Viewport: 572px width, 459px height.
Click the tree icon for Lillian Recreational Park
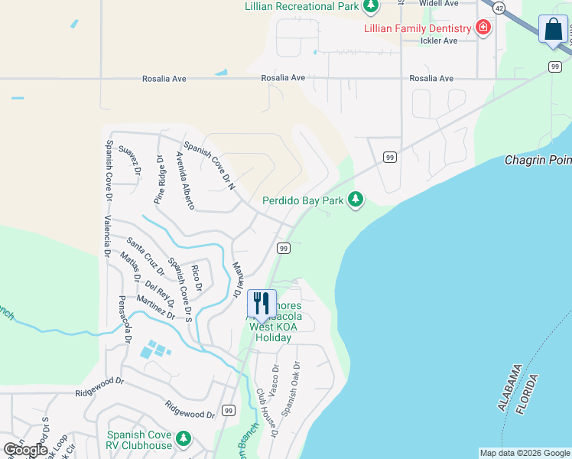coord(371,7)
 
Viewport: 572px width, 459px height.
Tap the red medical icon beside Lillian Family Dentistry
coord(483,28)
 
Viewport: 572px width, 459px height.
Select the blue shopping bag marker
coord(553,31)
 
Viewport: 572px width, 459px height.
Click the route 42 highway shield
coord(499,7)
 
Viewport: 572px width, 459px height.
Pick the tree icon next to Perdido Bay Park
coord(356,200)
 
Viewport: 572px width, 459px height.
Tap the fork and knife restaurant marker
coord(261,303)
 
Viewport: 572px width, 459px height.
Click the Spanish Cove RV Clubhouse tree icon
coord(183,439)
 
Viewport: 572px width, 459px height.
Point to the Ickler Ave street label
coord(439,41)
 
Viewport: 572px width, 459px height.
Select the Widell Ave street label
coord(439,3)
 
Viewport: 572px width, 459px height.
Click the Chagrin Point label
coord(538,161)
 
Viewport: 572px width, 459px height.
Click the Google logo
coord(25,450)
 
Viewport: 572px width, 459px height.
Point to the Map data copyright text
coord(524,453)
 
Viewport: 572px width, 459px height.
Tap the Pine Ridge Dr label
coord(159,179)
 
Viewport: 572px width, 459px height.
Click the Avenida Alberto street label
coord(185,181)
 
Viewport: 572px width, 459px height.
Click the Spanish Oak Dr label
coord(291,389)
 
